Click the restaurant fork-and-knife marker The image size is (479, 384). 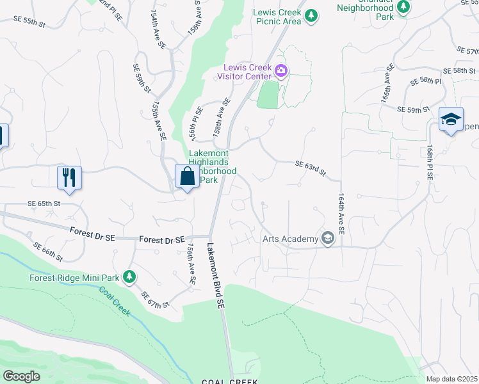(70, 177)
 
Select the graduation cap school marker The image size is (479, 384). (451, 119)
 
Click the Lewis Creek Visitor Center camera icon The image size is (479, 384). (280, 70)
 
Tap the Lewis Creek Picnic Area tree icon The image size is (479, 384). (311, 15)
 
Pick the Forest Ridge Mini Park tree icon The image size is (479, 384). (130, 276)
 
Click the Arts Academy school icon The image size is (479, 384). (328, 239)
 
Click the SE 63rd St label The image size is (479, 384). (311, 168)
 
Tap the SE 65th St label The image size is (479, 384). (44, 203)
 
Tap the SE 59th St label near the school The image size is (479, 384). (413, 110)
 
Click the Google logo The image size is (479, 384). (21, 376)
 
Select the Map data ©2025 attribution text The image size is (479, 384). (452, 379)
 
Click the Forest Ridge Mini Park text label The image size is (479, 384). (74, 278)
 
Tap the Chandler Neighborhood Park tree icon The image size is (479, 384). (403, 6)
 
